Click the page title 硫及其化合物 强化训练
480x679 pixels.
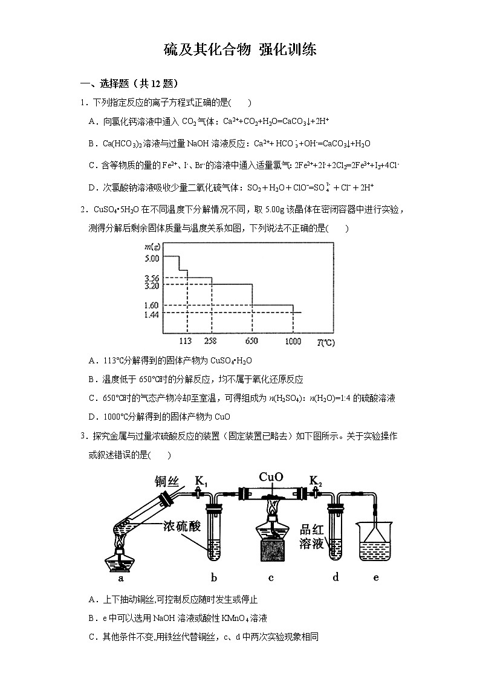pyautogui.click(x=240, y=50)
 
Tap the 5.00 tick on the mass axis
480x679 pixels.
pyautogui.click(x=152, y=258)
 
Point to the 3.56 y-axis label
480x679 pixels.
pyautogui.click(x=152, y=278)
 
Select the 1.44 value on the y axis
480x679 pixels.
pyautogui.click(x=152, y=314)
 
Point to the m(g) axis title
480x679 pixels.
pyautogui.click(x=152, y=247)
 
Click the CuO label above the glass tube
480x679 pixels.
pyautogui.click(x=271, y=477)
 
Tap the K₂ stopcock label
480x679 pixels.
pyautogui.click(x=316, y=481)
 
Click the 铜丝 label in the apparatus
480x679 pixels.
pyautogui.click(x=167, y=482)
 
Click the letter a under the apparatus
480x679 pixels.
pyautogui.click(x=121, y=578)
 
